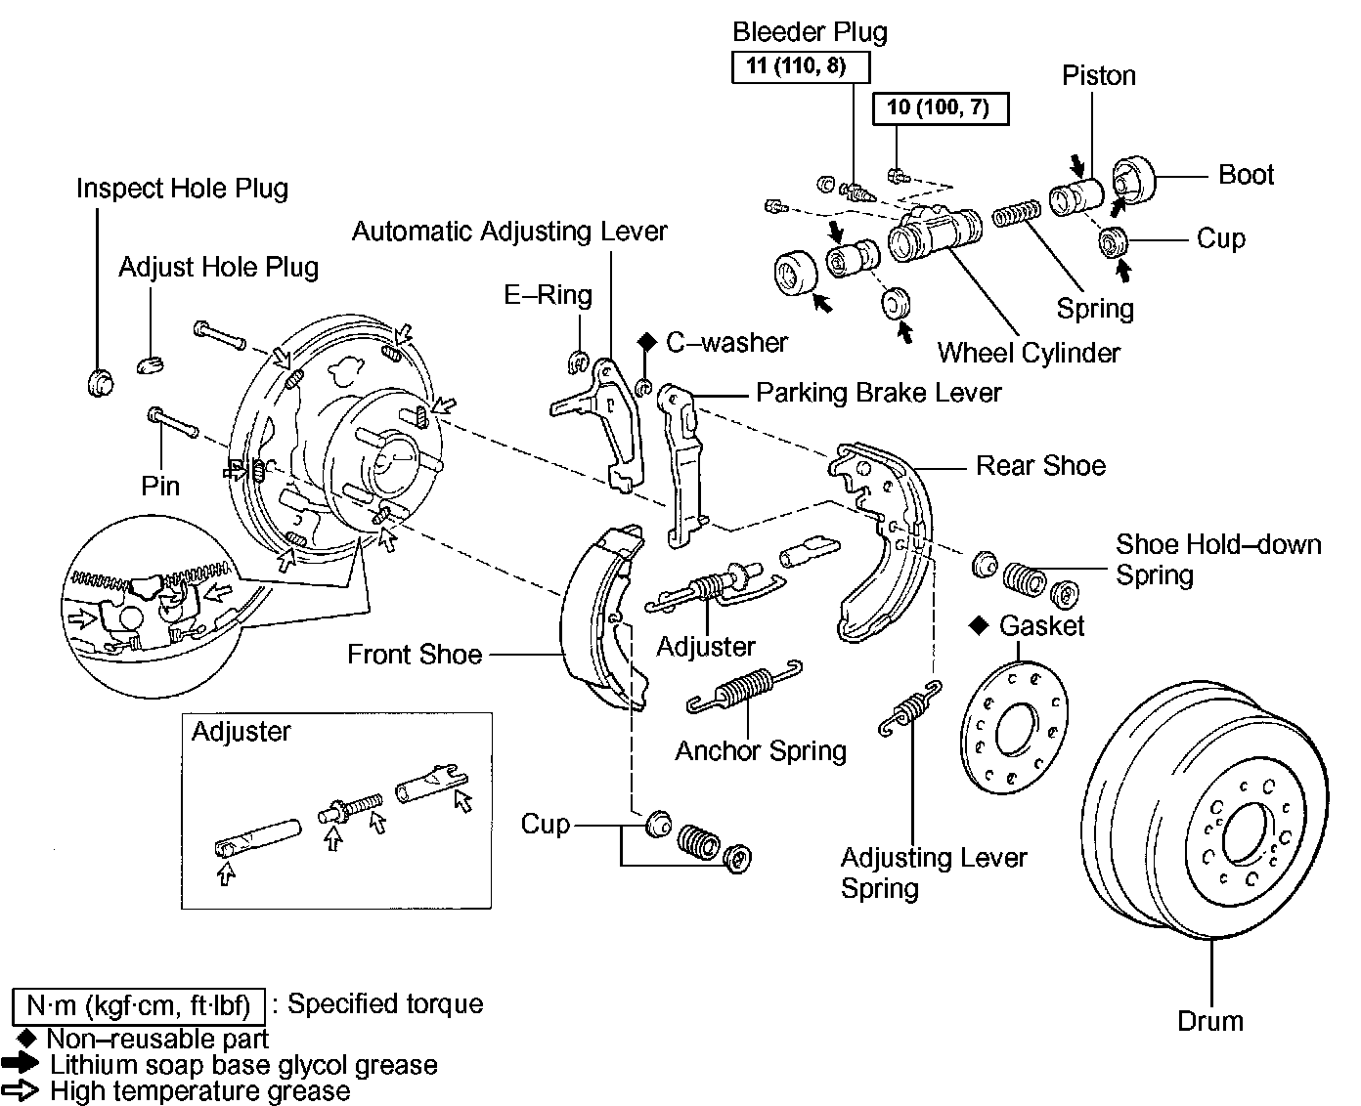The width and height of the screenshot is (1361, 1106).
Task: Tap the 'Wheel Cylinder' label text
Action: point(1029,352)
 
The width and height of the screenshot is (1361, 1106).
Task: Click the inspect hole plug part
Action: point(99,381)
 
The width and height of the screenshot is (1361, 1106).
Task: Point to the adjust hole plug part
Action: point(150,363)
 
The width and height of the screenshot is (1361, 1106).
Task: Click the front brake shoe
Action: point(596,616)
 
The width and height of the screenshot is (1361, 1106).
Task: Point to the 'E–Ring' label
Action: point(548,294)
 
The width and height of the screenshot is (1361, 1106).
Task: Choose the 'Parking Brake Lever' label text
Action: point(879,393)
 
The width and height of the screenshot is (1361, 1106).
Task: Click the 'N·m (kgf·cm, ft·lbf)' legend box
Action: point(139,1005)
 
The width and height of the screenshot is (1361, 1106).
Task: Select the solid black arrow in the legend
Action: point(22,1064)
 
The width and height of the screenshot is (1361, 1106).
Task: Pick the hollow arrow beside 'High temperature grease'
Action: point(22,1089)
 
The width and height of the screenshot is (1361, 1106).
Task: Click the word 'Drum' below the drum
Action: point(1210,1021)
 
